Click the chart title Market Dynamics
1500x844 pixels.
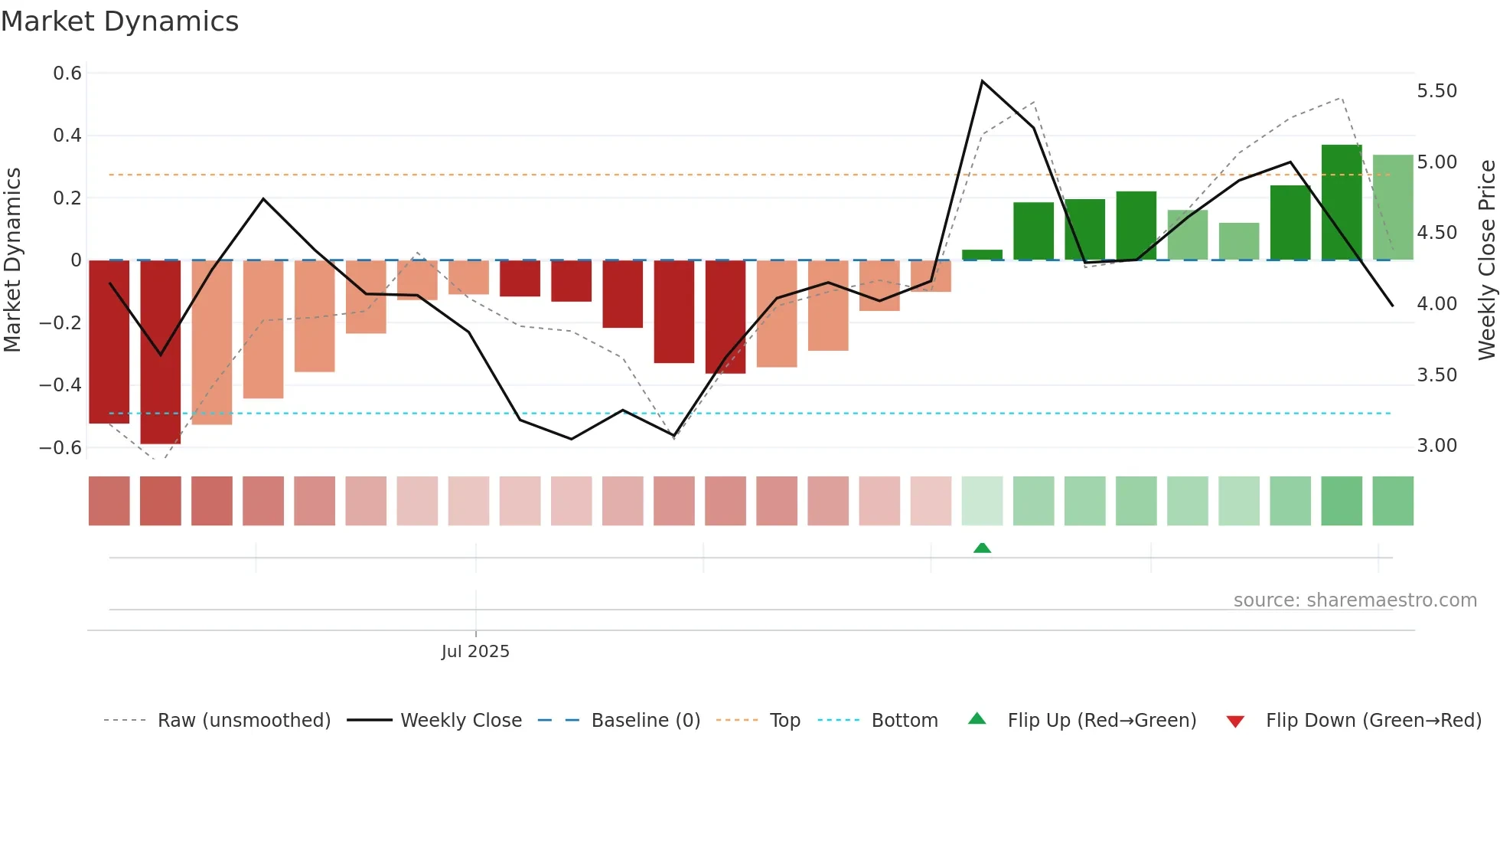pyautogui.click(x=119, y=21)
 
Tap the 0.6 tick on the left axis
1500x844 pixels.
pyautogui.click(x=67, y=74)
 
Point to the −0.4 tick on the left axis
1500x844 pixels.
pyautogui.click(x=61, y=385)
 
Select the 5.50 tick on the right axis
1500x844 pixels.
pyautogui.click(x=1436, y=91)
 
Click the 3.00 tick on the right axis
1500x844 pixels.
pyautogui.click(x=1436, y=446)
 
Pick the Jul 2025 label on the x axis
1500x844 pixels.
pyautogui.click(x=475, y=652)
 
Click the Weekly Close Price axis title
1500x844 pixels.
pyautogui.click(x=1486, y=260)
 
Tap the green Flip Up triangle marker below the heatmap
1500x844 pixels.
pyautogui.click(x=982, y=548)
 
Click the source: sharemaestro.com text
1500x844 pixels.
pyautogui.click(x=1355, y=600)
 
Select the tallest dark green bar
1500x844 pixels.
pyautogui.click(x=1342, y=202)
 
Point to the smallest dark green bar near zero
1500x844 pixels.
pyautogui.click(x=982, y=255)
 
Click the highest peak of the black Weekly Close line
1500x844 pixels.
pyautogui.click(x=982, y=81)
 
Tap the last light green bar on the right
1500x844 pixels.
pyautogui.click(x=1393, y=207)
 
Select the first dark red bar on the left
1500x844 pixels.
pyautogui.click(x=109, y=342)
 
